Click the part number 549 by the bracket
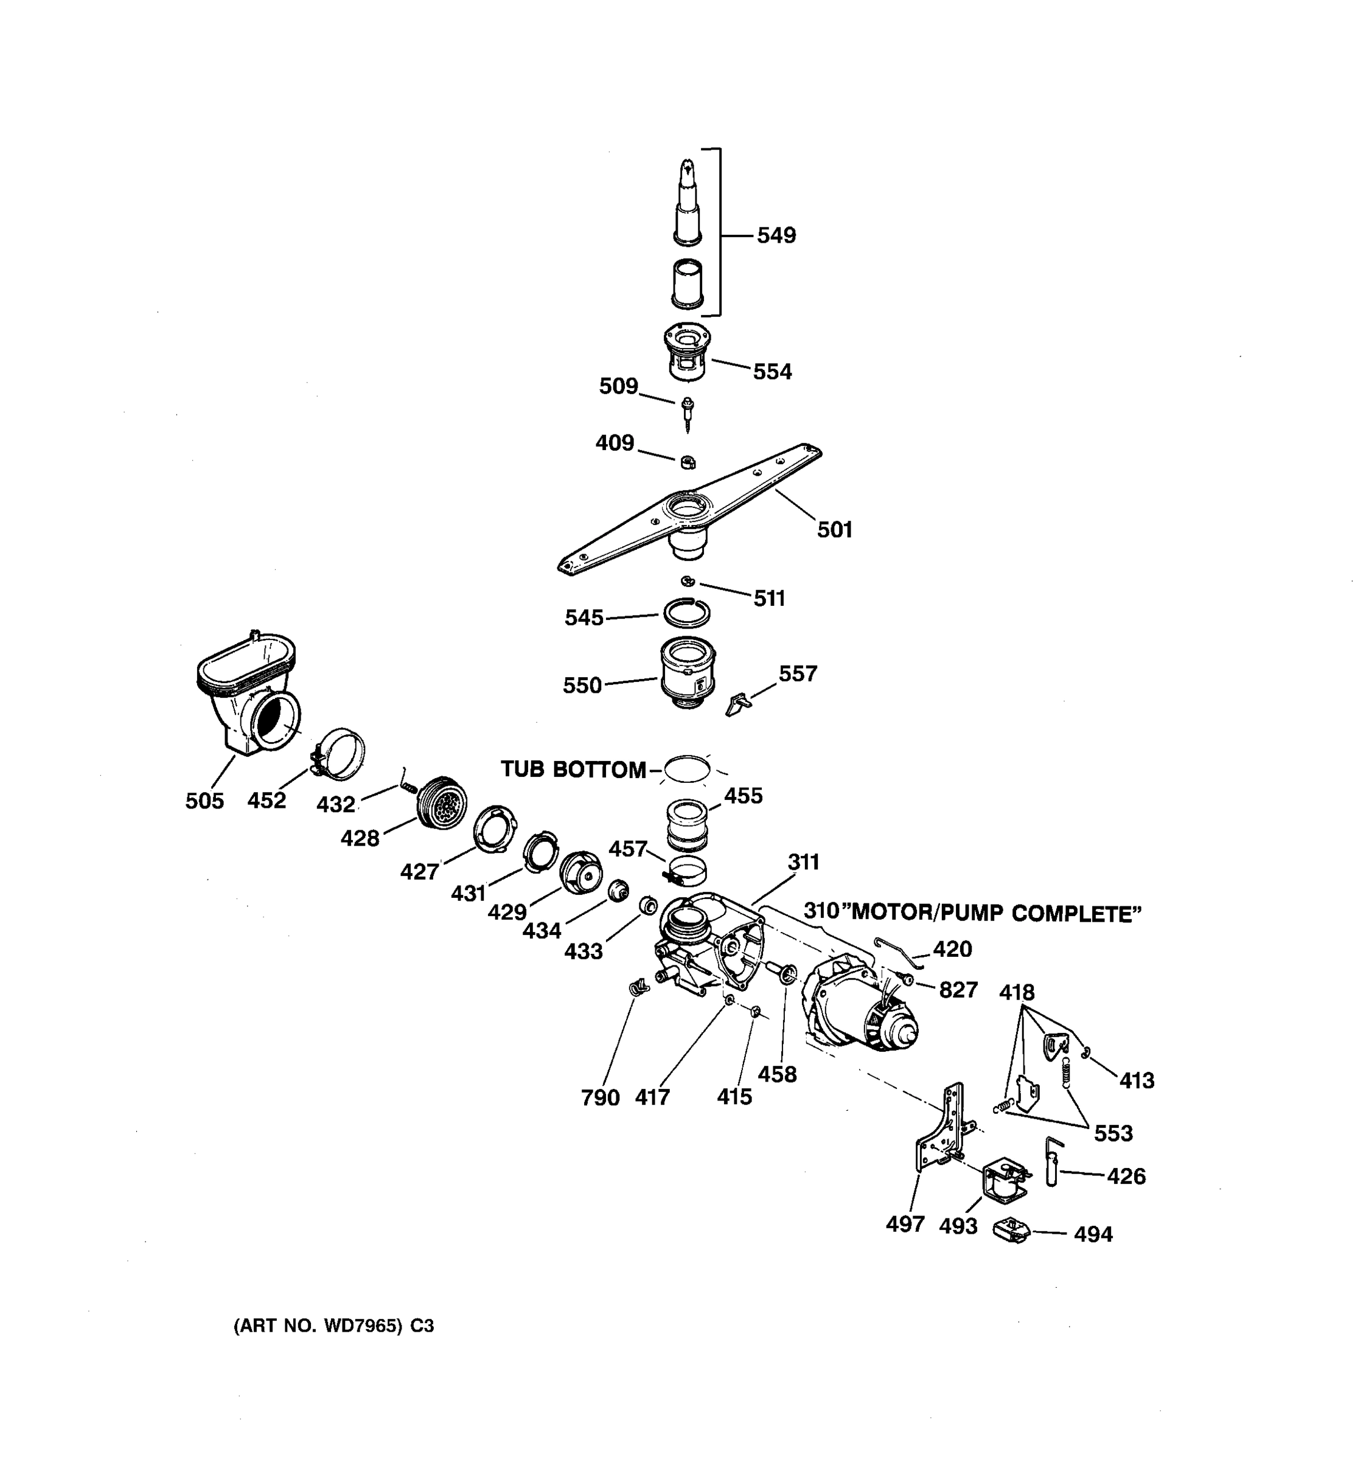point(776,236)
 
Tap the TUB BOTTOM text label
point(573,770)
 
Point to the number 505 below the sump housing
point(204,801)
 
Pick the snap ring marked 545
point(687,612)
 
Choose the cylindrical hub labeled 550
point(688,672)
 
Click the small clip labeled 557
point(737,704)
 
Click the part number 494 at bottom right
point(1093,1234)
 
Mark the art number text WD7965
point(361,1326)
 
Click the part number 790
point(600,1098)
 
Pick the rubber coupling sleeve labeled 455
point(687,824)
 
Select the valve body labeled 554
point(688,351)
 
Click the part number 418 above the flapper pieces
point(1017,993)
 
